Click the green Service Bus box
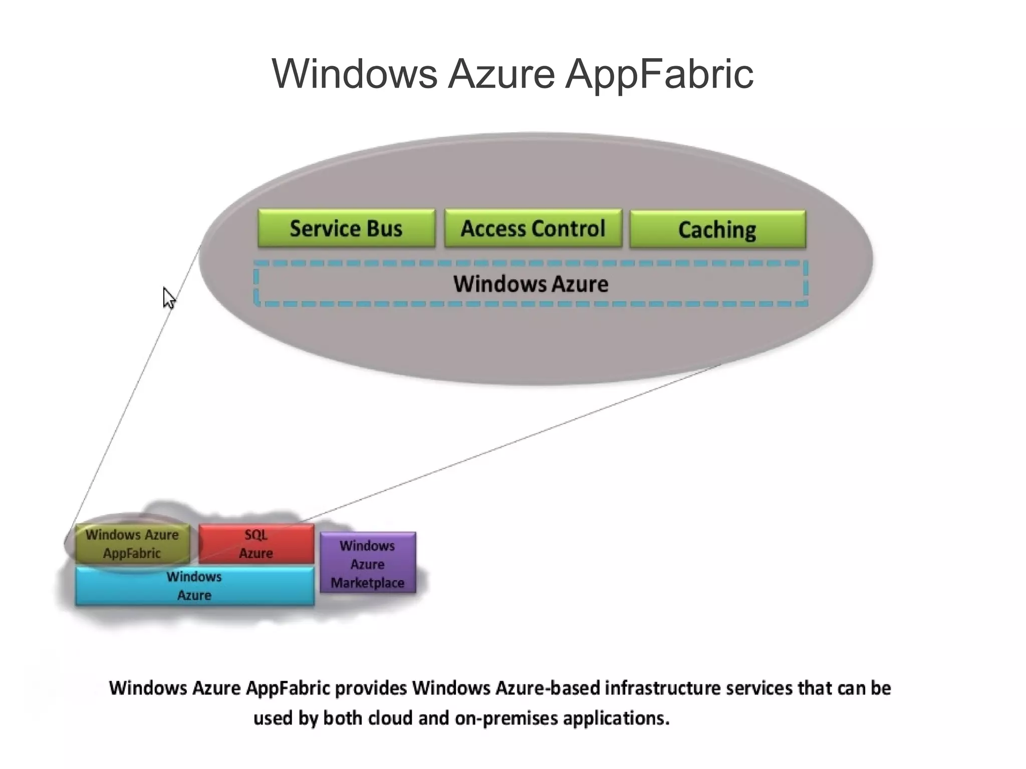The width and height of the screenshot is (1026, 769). [346, 228]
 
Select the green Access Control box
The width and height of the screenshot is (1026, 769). [533, 228]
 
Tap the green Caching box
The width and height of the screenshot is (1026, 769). [717, 229]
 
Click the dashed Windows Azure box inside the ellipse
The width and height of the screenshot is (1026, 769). [531, 284]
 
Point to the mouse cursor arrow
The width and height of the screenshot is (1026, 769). [168, 297]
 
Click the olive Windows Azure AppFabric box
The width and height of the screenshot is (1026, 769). [132, 544]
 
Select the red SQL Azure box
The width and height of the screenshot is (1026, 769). [256, 544]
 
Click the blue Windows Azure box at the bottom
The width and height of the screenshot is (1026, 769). [194, 586]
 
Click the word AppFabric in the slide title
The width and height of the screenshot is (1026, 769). [659, 74]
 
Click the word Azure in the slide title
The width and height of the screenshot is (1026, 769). [501, 74]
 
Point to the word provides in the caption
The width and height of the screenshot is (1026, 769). [371, 688]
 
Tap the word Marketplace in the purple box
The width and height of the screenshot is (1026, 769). [368, 583]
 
